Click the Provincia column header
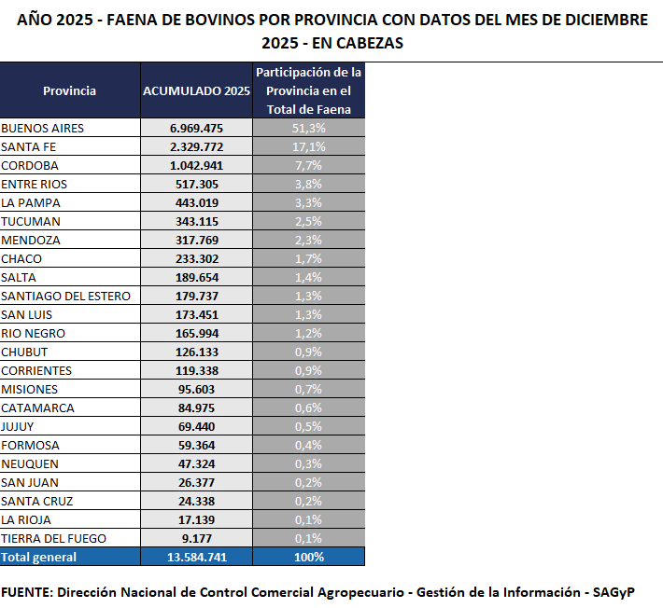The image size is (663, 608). pyautogui.click(x=69, y=90)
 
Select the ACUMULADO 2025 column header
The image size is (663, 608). pyautogui.click(x=196, y=90)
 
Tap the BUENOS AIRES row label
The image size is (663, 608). pyautogui.click(x=43, y=128)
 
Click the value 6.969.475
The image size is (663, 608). pyautogui.click(x=196, y=128)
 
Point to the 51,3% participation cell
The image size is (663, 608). pyautogui.click(x=308, y=128)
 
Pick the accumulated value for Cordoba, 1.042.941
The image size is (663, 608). pyautogui.click(x=196, y=165)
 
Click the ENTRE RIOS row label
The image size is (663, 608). pyautogui.click(x=34, y=184)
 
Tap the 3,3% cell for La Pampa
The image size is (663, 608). pyautogui.click(x=308, y=202)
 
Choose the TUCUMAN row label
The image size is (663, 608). pyautogui.click(x=31, y=221)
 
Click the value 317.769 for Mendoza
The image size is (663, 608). pyautogui.click(x=196, y=240)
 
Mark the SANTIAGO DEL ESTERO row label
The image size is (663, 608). pyautogui.click(x=65, y=296)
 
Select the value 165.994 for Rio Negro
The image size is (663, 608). pyautogui.click(x=196, y=333)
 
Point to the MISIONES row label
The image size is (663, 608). pyautogui.click(x=30, y=389)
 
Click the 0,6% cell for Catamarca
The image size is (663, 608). pyautogui.click(x=308, y=408)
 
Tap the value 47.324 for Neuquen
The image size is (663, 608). pyautogui.click(x=196, y=463)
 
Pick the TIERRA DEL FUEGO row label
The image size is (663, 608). pyautogui.click(x=54, y=538)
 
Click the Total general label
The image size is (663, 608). pyautogui.click(x=39, y=557)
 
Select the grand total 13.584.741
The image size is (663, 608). pyautogui.click(x=196, y=557)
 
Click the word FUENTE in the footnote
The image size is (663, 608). pyautogui.click(x=27, y=592)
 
